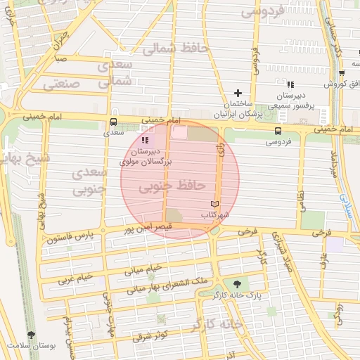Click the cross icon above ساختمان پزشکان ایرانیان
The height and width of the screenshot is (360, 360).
click(238, 93)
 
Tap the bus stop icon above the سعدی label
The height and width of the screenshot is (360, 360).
click(113, 121)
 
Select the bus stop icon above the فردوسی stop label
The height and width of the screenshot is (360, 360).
click(279, 131)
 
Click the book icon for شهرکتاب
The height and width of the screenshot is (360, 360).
click(214, 204)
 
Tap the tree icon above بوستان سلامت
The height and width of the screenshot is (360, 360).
click(30, 335)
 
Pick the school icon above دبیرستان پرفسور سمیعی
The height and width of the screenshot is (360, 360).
click(290, 84)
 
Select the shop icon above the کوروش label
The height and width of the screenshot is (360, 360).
click(342, 73)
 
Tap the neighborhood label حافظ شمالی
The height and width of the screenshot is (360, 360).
click(175, 49)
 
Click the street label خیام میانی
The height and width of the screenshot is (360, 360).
click(144, 268)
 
